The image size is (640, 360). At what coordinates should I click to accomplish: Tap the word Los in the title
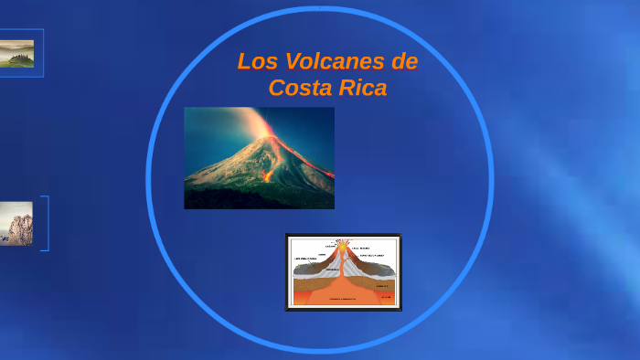(255, 62)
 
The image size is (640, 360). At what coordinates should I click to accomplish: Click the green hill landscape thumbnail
(17, 53)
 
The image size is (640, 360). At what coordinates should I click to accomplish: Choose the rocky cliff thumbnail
(16, 224)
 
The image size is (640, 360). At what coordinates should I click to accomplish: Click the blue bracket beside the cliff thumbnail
(46, 223)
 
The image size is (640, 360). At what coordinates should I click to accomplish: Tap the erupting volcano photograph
(259, 157)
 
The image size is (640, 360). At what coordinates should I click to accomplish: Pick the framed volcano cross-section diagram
(344, 272)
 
